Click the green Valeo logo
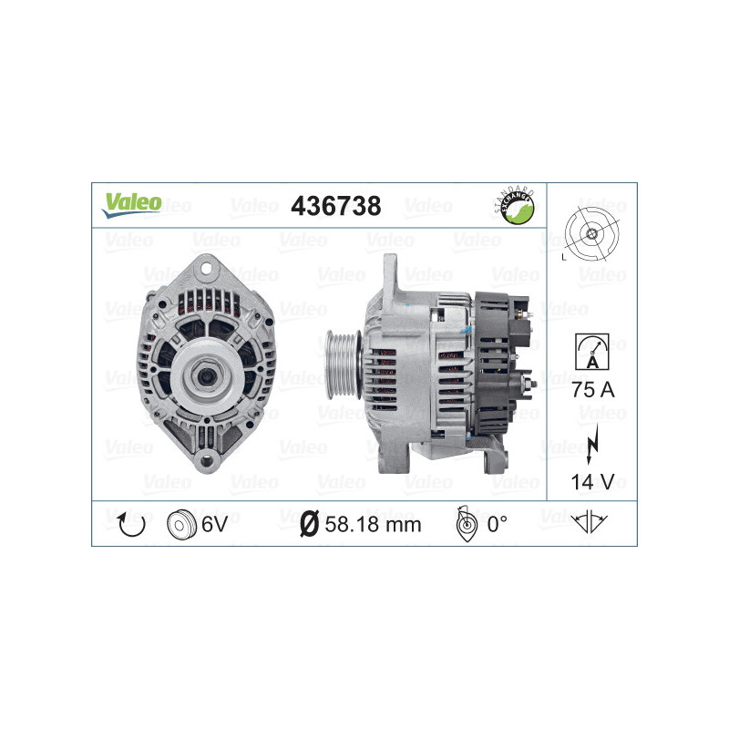(x=131, y=205)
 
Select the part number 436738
(x=334, y=207)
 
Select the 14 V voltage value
(x=591, y=479)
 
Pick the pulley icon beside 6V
(x=182, y=524)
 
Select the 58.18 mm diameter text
(x=373, y=524)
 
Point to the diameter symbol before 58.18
(x=308, y=524)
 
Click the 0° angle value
(x=497, y=524)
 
